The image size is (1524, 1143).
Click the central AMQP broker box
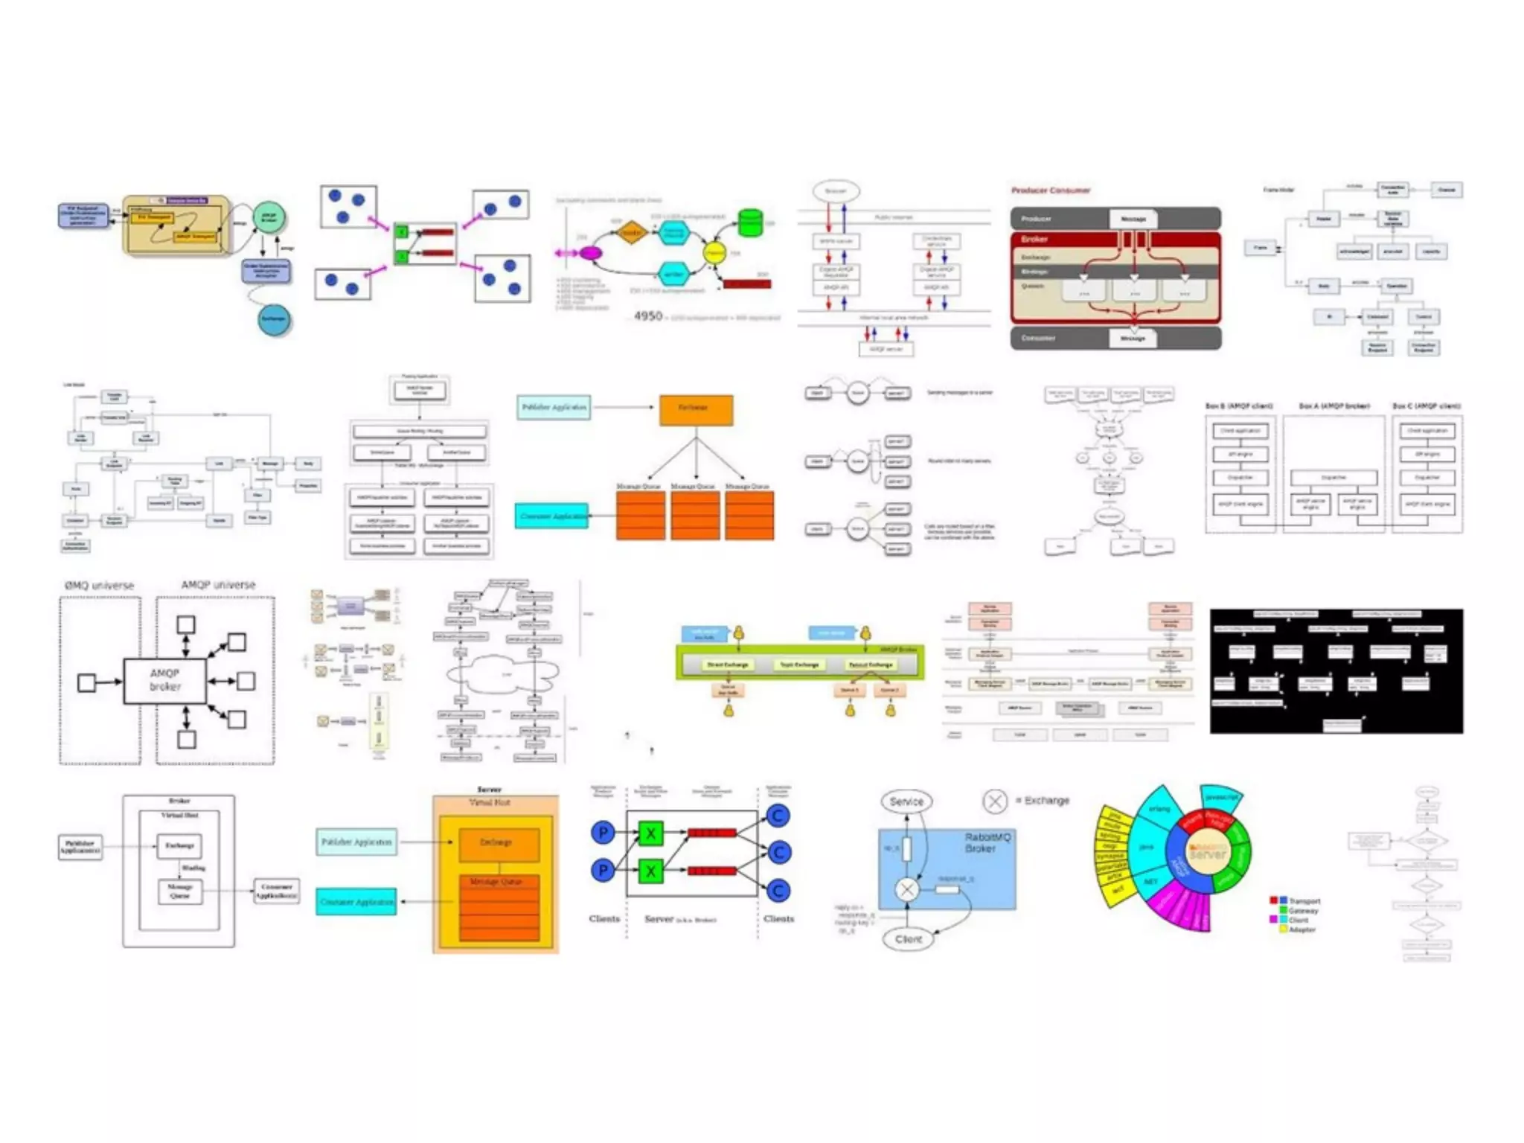coord(164,680)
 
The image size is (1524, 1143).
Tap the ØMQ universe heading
coord(99,586)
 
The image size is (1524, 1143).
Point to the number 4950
coord(647,316)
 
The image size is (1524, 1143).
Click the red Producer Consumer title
coord(1050,190)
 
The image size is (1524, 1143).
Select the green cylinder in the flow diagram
coord(750,222)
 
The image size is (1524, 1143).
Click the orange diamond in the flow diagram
coord(631,232)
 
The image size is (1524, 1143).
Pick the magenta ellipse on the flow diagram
coord(590,253)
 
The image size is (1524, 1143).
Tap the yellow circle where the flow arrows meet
coord(714,253)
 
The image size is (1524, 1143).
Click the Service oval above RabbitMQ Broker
coord(906,801)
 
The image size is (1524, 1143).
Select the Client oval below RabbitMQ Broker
coord(908,939)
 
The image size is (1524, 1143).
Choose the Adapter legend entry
coord(1302,929)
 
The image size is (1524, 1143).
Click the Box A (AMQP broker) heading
coord(1333,406)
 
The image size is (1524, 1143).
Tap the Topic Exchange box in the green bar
coord(799,665)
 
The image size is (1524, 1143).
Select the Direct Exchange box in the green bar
coord(727,665)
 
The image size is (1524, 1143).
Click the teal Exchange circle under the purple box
coord(273,319)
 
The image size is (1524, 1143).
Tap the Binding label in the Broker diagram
coord(193,868)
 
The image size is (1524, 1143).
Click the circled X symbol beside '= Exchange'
coord(995,801)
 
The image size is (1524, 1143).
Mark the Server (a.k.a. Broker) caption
coord(679,919)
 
